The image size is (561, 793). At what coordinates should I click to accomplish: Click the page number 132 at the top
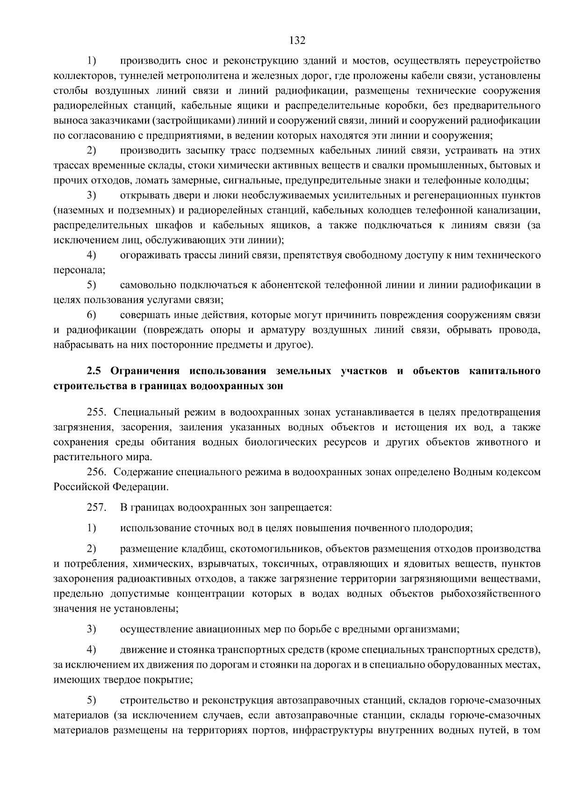[297, 40]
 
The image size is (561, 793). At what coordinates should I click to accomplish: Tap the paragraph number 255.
[97, 413]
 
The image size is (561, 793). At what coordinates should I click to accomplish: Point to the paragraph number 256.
[97, 472]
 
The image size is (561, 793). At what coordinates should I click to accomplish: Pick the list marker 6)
[91, 315]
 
